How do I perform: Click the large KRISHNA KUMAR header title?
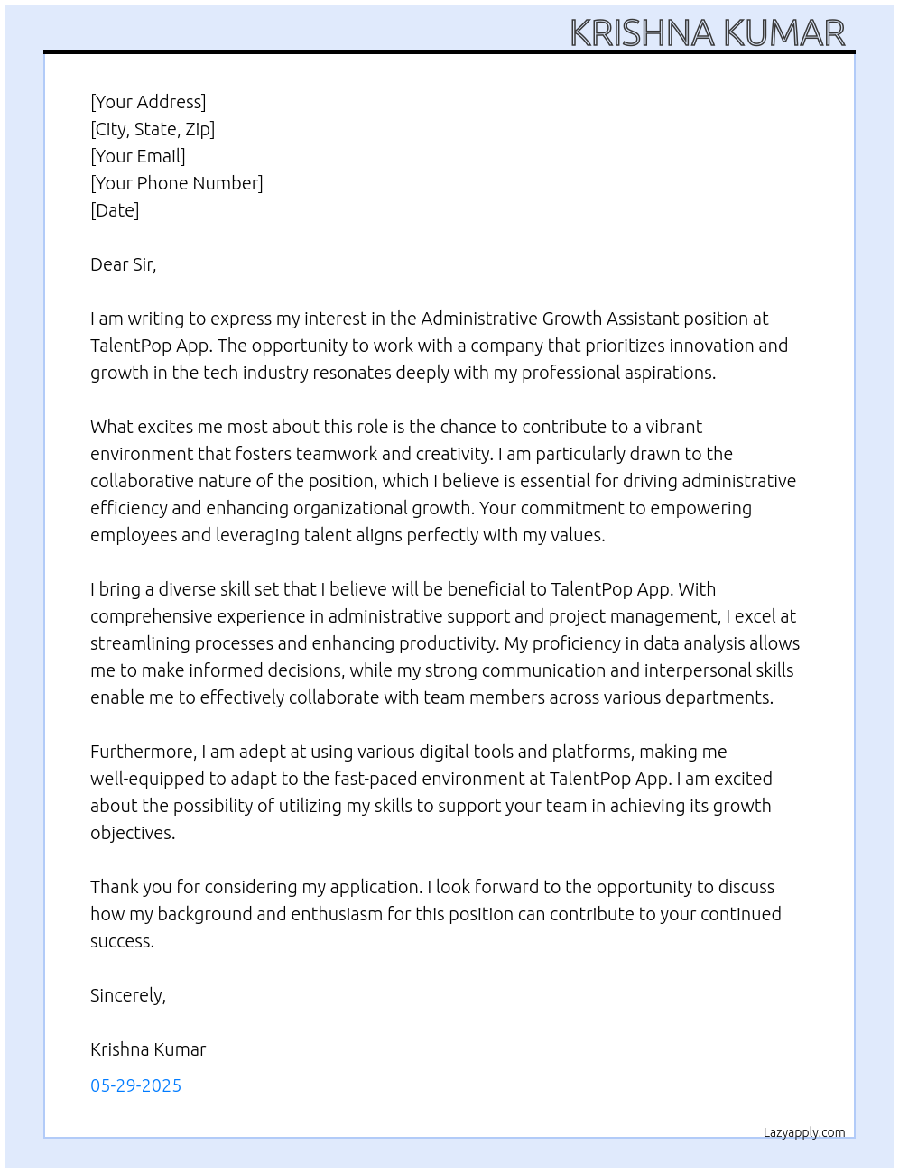tap(707, 33)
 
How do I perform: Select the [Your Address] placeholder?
tap(148, 102)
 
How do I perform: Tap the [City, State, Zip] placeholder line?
tap(153, 129)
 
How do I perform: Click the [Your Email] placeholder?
tap(138, 156)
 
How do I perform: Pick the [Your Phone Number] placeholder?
tap(177, 183)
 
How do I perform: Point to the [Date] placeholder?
tap(115, 210)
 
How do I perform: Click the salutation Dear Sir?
tap(124, 264)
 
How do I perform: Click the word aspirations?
tap(667, 373)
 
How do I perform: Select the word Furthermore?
tap(142, 752)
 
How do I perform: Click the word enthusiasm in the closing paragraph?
tap(337, 914)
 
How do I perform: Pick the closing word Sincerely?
tap(128, 995)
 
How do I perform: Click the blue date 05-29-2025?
tap(136, 1085)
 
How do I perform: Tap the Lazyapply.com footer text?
tap(804, 1132)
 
